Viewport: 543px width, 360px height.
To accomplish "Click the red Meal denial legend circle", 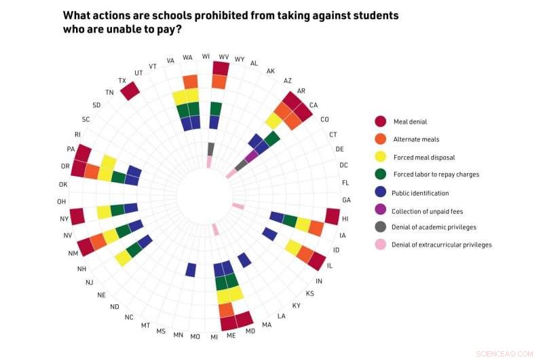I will (381, 121).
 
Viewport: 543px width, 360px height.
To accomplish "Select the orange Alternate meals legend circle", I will (381, 139).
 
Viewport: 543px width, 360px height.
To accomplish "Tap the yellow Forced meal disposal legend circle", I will (381, 157).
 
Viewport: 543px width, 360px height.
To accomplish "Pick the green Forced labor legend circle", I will (381, 175).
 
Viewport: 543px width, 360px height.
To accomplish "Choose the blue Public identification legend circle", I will (381, 192).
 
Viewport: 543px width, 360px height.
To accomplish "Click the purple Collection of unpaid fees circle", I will (381, 211).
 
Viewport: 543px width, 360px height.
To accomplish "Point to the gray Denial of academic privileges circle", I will (381, 227).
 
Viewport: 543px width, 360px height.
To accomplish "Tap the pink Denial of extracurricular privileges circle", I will (381, 245).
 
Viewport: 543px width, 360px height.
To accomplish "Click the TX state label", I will (122, 81).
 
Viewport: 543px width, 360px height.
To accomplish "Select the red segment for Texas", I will (130, 91).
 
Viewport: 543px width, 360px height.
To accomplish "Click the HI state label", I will (345, 219).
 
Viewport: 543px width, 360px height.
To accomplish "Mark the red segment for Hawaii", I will (332, 216).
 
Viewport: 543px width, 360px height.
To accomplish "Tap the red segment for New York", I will (77, 216).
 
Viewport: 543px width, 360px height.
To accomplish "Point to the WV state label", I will (223, 57).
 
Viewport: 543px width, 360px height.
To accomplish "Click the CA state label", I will (313, 105).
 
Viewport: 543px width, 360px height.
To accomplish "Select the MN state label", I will (178, 335).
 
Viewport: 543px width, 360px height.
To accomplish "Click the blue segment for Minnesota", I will (191, 269).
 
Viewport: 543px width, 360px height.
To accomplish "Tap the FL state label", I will (345, 183).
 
